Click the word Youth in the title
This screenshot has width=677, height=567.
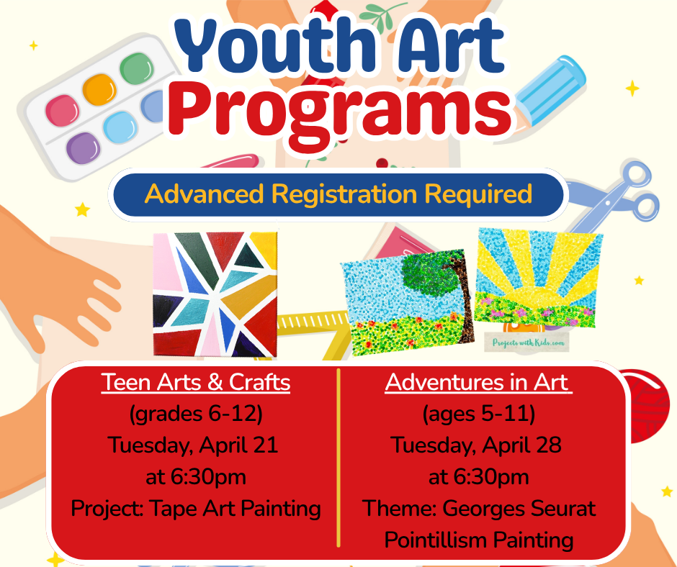tap(272, 46)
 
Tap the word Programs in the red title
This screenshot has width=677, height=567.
tap(340, 112)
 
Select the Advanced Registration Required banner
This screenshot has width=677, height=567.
tap(338, 194)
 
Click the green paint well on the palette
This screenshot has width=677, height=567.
tap(137, 68)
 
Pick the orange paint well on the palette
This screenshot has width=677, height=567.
tap(99, 89)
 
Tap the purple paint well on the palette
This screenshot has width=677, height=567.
tap(84, 148)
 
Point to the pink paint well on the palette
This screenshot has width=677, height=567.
tap(63, 111)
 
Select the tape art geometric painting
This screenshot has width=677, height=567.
tap(215, 294)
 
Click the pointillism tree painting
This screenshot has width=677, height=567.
tap(407, 301)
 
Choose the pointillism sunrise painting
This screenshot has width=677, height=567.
tap(538, 278)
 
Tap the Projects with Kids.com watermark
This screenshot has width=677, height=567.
tap(528, 343)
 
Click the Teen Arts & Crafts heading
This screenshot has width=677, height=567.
tap(196, 382)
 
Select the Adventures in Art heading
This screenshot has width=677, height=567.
tap(478, 382)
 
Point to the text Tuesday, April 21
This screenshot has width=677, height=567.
tap(192, 445)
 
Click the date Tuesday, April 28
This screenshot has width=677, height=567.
tap(476, 445)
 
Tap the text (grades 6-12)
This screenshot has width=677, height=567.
tap(196, 414)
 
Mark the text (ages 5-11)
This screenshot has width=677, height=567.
tap(478, 414)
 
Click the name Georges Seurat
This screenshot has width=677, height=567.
tap(519, 508)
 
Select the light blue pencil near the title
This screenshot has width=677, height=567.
tap(550, 91)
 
